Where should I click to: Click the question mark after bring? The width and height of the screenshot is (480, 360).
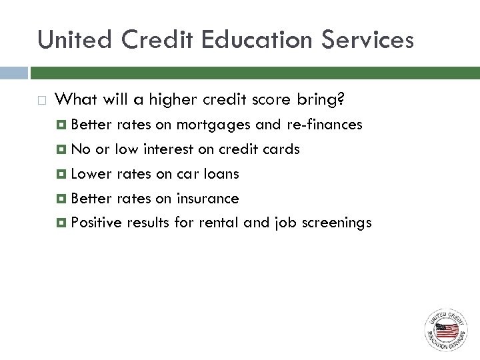[341, 99]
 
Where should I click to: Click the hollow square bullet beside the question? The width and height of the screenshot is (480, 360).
[42, 101]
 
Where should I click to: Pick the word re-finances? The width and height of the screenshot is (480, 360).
[325, 125]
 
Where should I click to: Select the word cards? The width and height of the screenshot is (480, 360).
[283, 149]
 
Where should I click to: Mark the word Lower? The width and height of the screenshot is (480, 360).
[91, 174]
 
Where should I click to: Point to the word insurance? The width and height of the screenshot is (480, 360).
[207, 198]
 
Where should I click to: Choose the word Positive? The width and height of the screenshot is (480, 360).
[97, 223]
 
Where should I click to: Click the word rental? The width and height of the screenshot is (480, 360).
[219, 223]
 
